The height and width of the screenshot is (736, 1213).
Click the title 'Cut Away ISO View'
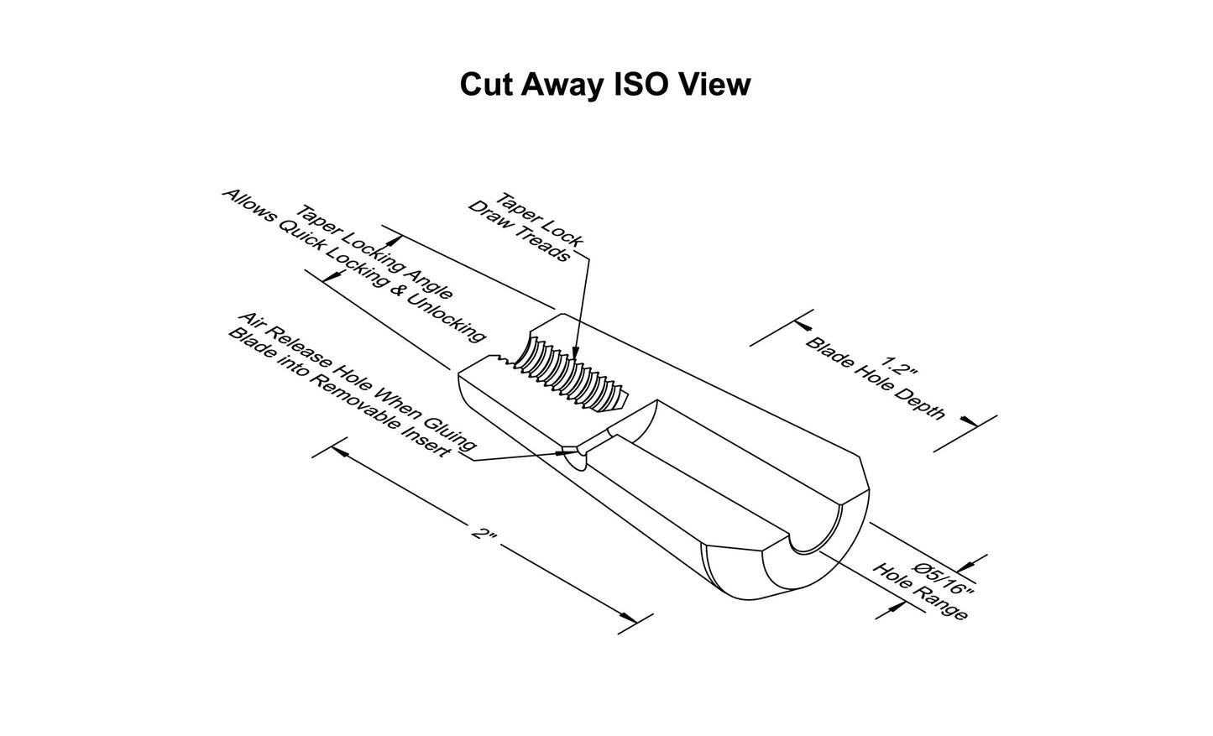pyautogui.click(x=605, y=85)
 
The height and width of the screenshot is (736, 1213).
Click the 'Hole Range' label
pyautogui.click(x=920, y=592)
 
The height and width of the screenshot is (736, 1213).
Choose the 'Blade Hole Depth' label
pyautogui.click(x=875, y=378)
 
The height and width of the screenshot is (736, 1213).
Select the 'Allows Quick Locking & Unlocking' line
pyautogui.click(x=354, y=266)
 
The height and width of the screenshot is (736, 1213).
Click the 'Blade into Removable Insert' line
pyautogui.click(x=339, y=393)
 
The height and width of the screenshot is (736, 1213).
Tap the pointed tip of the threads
pyautogui.click(x=628, y=399)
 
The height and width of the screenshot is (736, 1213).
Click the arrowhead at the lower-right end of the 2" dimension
pyautogui.click(x=629, y=618)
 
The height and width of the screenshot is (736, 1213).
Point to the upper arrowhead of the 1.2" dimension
pyautogui.click(x=803, y=326)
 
